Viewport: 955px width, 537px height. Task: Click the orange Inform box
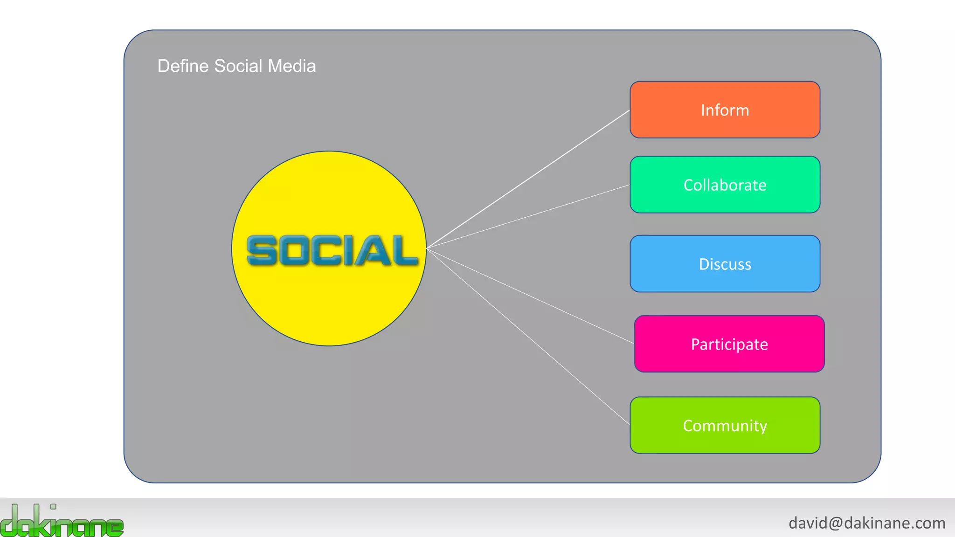point(725,110)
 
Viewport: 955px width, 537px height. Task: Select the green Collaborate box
point(725,185)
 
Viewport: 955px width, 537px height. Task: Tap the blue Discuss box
point(725,264)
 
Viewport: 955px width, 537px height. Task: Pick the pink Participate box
point(729,344)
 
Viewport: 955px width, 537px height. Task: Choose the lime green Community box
point(725,425)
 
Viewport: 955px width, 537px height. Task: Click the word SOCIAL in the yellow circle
point(332,251)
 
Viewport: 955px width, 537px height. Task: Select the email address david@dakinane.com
point(867,523)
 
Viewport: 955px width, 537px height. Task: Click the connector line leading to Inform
point(528,179)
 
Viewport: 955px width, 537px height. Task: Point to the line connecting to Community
point(528,337)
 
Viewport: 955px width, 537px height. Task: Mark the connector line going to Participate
point(530,296)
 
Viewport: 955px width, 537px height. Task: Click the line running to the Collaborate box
point(528,217)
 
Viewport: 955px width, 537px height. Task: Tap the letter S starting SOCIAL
point(261,251)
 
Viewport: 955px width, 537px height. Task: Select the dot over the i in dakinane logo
point(53,507)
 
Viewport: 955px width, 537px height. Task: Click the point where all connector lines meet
point(427,248)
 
